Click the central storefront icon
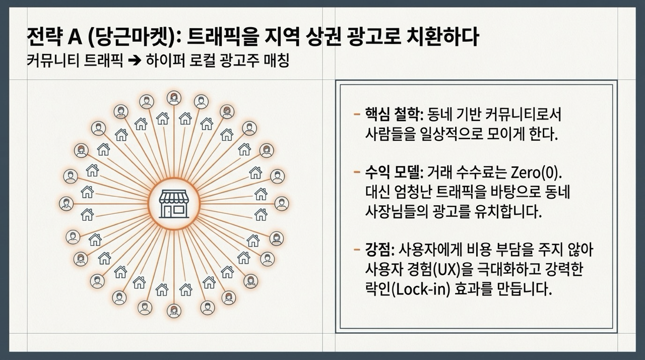[174, 204]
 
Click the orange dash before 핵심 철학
[356, 115]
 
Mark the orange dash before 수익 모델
[356, 173]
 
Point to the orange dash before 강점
[356, 249]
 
